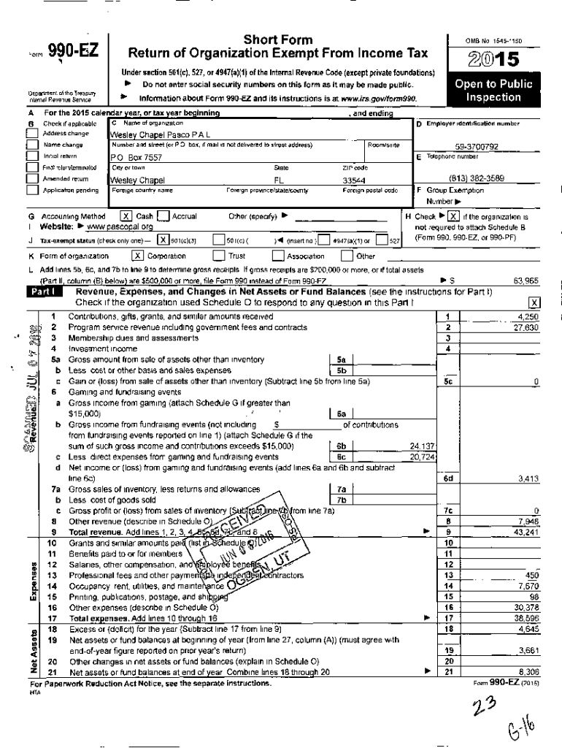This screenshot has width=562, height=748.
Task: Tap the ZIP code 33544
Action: tap(353, 180)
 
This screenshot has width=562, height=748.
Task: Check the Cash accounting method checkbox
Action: tap(126, 216)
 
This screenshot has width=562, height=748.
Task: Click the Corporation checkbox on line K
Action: tap(137, 256)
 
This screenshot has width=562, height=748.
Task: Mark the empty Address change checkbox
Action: tap(31, 134)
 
